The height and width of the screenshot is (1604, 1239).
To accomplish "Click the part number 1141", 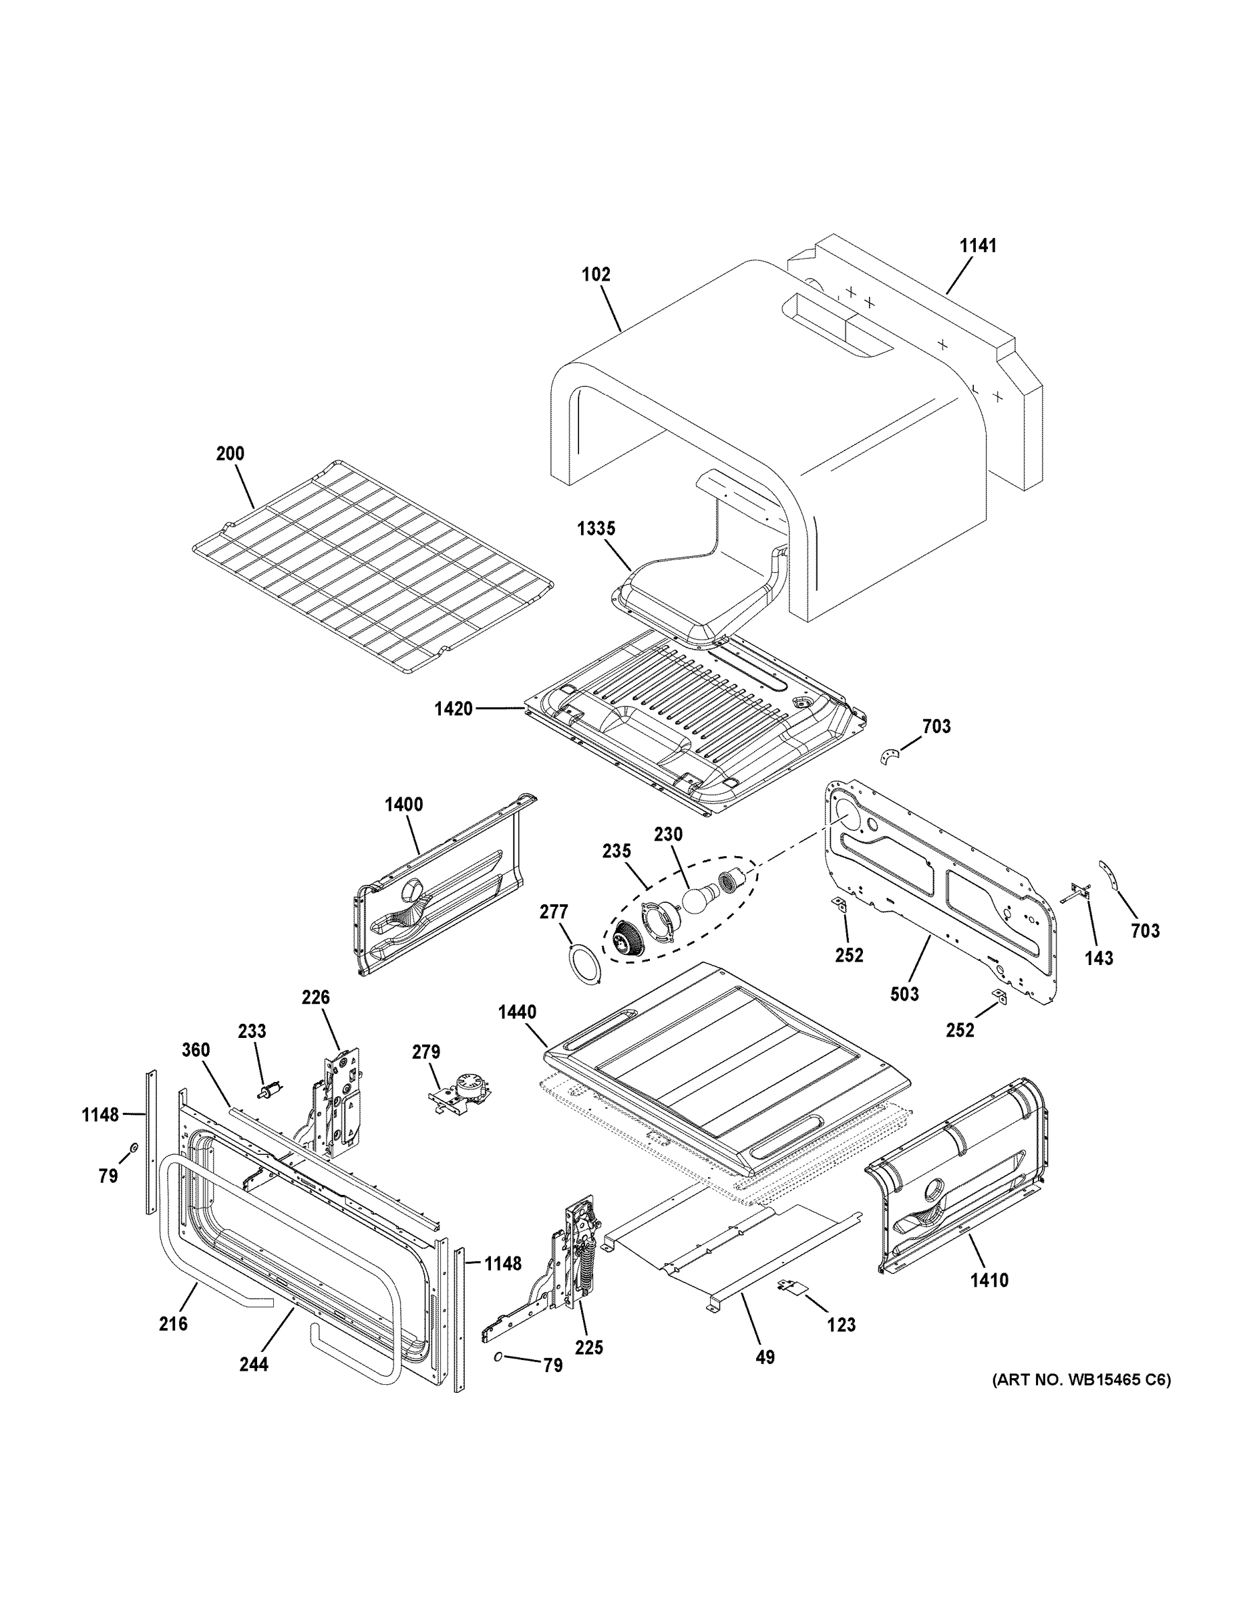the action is pos(979,246).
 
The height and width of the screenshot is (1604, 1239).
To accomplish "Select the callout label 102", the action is pos(595,275).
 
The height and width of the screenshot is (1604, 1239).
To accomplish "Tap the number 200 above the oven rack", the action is pos(230,454).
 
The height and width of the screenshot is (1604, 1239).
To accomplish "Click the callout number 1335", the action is pos(595,529).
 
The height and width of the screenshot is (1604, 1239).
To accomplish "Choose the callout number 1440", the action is pos(517,1012).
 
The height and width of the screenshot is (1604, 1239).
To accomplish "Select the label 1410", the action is pos(989,1280).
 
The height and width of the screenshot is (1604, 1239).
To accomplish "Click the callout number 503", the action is pos(904,994).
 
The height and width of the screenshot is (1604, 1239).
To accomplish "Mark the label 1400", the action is pos(403,805).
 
